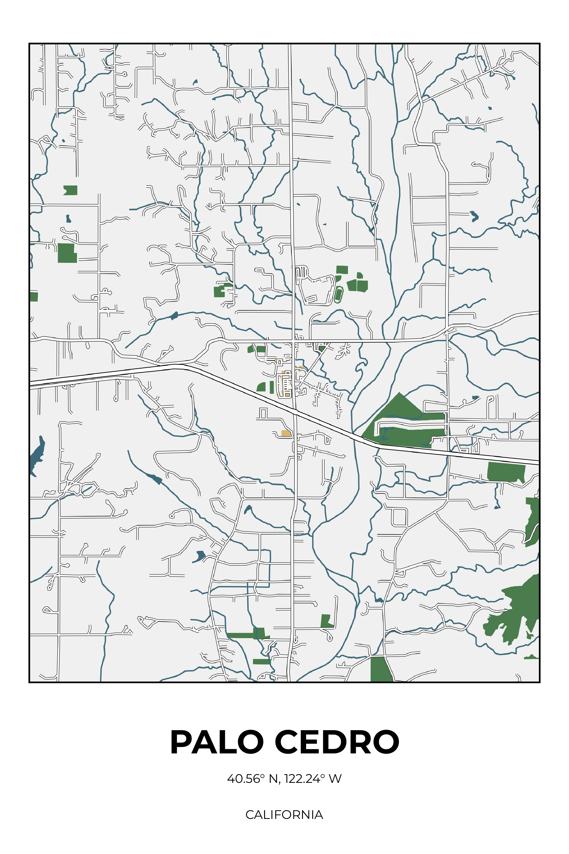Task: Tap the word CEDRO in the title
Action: coord(337,742)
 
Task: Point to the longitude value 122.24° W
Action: coord(313,779)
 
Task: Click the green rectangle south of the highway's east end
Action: coord(506,472)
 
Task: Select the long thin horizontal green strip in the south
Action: coord(241,636)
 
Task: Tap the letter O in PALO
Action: coord(250,742)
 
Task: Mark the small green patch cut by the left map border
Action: coord(34,297)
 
